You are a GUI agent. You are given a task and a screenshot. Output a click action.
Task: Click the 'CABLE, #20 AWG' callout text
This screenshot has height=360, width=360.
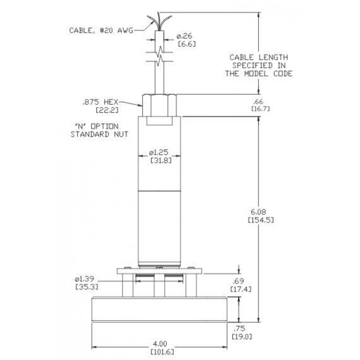point(101,31)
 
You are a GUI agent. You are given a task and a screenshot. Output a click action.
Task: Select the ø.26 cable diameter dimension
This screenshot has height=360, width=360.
point(184,36)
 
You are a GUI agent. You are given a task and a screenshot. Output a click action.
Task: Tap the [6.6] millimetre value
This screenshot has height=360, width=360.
point(187,44)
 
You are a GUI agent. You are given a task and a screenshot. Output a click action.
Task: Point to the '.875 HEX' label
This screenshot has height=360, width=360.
point(100,102)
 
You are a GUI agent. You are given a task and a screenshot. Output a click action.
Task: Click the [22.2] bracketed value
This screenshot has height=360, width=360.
point(107,110)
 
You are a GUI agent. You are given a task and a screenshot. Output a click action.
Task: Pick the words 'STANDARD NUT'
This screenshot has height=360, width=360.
point(100,134)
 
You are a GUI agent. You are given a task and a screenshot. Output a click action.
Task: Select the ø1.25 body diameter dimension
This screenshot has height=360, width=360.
point(159,152)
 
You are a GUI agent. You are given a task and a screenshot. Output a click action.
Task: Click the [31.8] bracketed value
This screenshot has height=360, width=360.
point(161,160)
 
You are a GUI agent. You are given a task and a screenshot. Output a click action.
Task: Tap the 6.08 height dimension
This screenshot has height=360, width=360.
point(259,212)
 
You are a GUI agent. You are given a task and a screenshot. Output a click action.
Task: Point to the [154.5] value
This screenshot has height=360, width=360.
point(261,220)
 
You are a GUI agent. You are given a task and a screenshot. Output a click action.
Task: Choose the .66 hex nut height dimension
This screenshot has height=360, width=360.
point(258,101)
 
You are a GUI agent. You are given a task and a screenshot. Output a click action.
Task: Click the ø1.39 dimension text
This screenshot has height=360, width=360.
point(84,279)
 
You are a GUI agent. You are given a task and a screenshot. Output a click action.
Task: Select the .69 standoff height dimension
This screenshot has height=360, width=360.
point(238,281)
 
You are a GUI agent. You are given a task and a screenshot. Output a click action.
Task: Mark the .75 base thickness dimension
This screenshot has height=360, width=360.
point(239,328)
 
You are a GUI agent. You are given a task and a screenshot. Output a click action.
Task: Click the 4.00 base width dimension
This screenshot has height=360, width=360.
point(160,344)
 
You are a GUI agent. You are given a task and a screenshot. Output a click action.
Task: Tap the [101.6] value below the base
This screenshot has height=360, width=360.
point(162,352)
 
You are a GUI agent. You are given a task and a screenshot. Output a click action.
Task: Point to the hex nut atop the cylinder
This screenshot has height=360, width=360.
point(159,105)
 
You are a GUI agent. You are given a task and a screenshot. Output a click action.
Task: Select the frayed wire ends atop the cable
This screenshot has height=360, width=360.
point(159,21)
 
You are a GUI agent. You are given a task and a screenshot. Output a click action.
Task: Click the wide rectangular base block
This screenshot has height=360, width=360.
point(159,309)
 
